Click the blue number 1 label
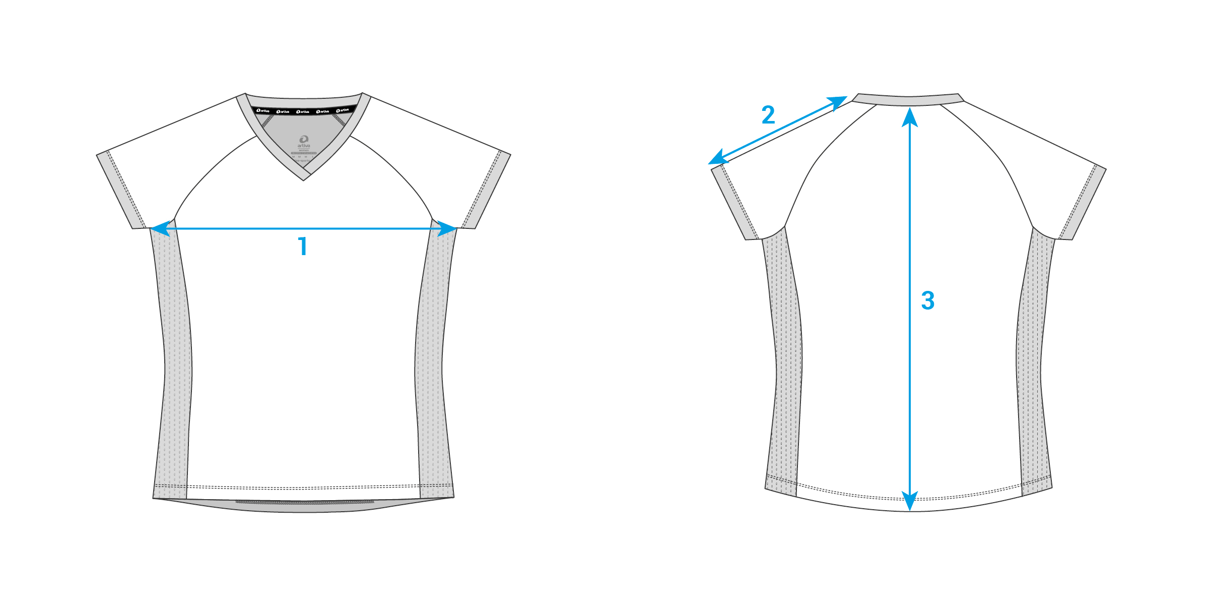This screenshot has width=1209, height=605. [x=303, y=247]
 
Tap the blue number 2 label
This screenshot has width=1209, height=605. [x=768, y=115]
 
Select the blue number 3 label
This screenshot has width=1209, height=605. [x=927, y=300]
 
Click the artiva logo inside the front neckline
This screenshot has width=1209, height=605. [x=304, y=141]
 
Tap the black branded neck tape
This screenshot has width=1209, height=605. [x=304, y=110]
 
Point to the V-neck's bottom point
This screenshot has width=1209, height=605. [x=304, y=177]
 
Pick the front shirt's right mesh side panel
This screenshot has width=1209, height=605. [x=432, y=363]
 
